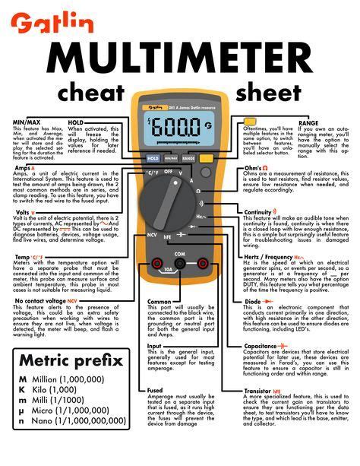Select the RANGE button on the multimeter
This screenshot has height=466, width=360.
point(188,159)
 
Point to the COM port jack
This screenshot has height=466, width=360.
point(180,263)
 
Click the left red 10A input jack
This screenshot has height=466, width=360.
point(157,263)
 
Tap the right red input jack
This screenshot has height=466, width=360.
point(204,263)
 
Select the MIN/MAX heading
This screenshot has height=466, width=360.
point(26,122)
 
